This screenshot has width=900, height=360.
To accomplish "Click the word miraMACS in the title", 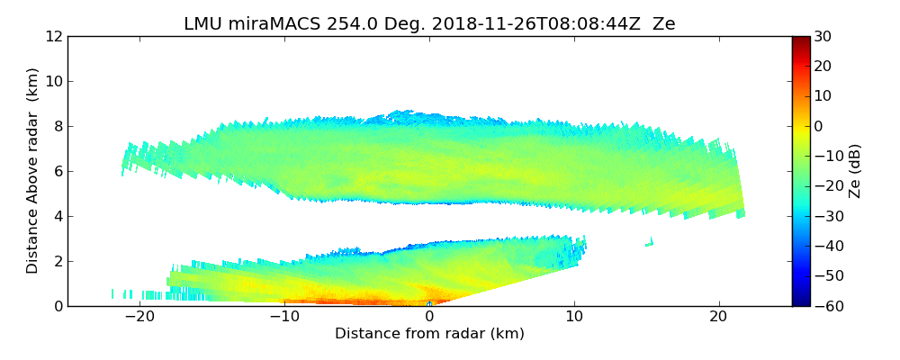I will click(x=270, y=24).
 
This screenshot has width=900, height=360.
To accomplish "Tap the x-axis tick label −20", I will click(x=139, y=317).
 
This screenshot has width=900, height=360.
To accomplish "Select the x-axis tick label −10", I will click(x=284, y=317).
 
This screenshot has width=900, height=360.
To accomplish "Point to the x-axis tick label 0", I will click(x=429, y=317).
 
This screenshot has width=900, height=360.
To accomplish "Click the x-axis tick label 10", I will click(x=574, y=317).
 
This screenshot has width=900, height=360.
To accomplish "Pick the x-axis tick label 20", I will click(x=718, y=317).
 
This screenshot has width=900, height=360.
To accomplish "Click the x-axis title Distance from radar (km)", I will click(x=429, y=334).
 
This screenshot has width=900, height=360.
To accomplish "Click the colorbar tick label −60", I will click(x=826, y=306).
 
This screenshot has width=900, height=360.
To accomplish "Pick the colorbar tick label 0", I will click(x=820, y=126).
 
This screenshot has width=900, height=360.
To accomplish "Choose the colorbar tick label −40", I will click(x=826, y=246).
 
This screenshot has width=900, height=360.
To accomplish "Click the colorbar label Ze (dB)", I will click(x=856, y=171).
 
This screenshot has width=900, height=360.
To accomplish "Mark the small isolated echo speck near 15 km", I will click(x=650, y=242).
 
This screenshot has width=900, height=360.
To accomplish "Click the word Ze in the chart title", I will click(x=664, y=24).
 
